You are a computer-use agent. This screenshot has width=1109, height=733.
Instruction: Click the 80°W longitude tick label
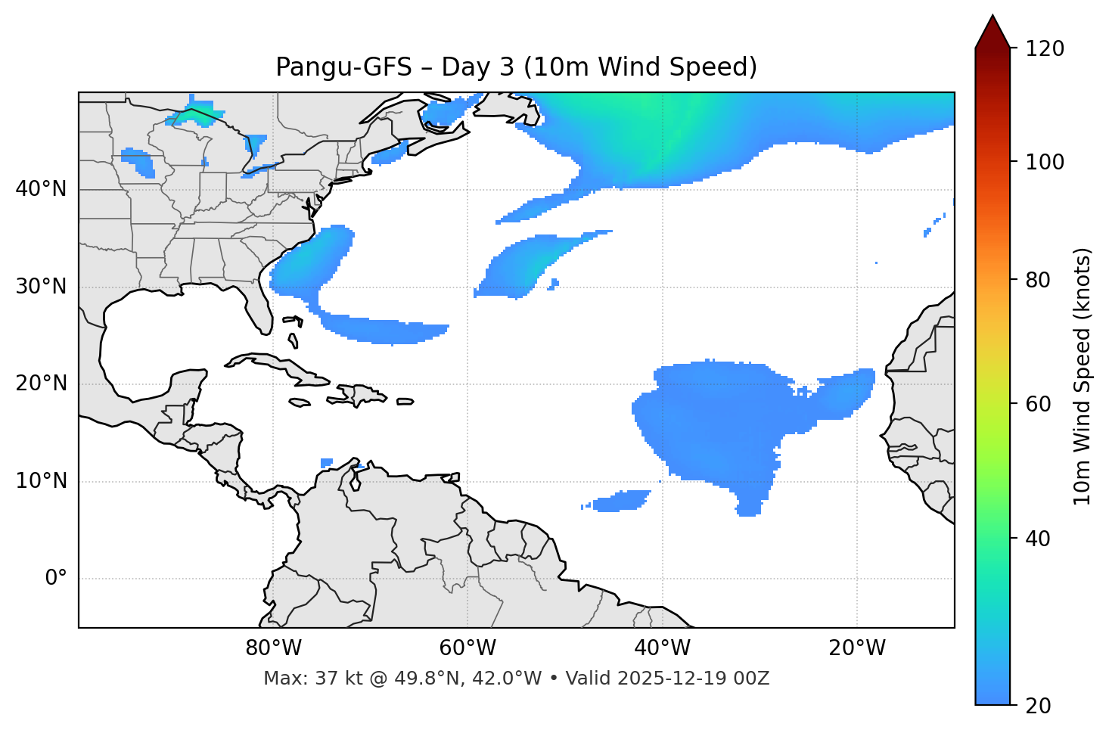point(273,648)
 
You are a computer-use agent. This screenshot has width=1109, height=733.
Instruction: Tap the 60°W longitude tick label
point(468,648)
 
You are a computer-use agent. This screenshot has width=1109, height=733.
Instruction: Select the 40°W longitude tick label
point(662,648)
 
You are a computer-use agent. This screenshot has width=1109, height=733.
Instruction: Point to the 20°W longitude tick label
point(856,648)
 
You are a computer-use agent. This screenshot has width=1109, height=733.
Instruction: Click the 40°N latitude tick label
point(41,189)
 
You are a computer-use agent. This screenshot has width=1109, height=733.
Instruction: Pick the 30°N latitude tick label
point(41,287)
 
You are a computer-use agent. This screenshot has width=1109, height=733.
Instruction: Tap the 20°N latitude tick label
point(41,384)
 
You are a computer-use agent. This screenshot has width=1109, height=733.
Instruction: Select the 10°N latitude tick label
point(41,481)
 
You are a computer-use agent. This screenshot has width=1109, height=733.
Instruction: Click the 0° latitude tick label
point(56,579)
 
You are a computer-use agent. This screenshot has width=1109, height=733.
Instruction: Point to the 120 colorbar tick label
point(1045,49)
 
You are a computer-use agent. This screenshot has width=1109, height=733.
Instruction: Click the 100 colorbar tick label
point(1045,162)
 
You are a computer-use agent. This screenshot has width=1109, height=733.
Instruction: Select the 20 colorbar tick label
point(1038,706)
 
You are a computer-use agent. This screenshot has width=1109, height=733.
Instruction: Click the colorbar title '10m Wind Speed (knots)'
point(1083,377)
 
